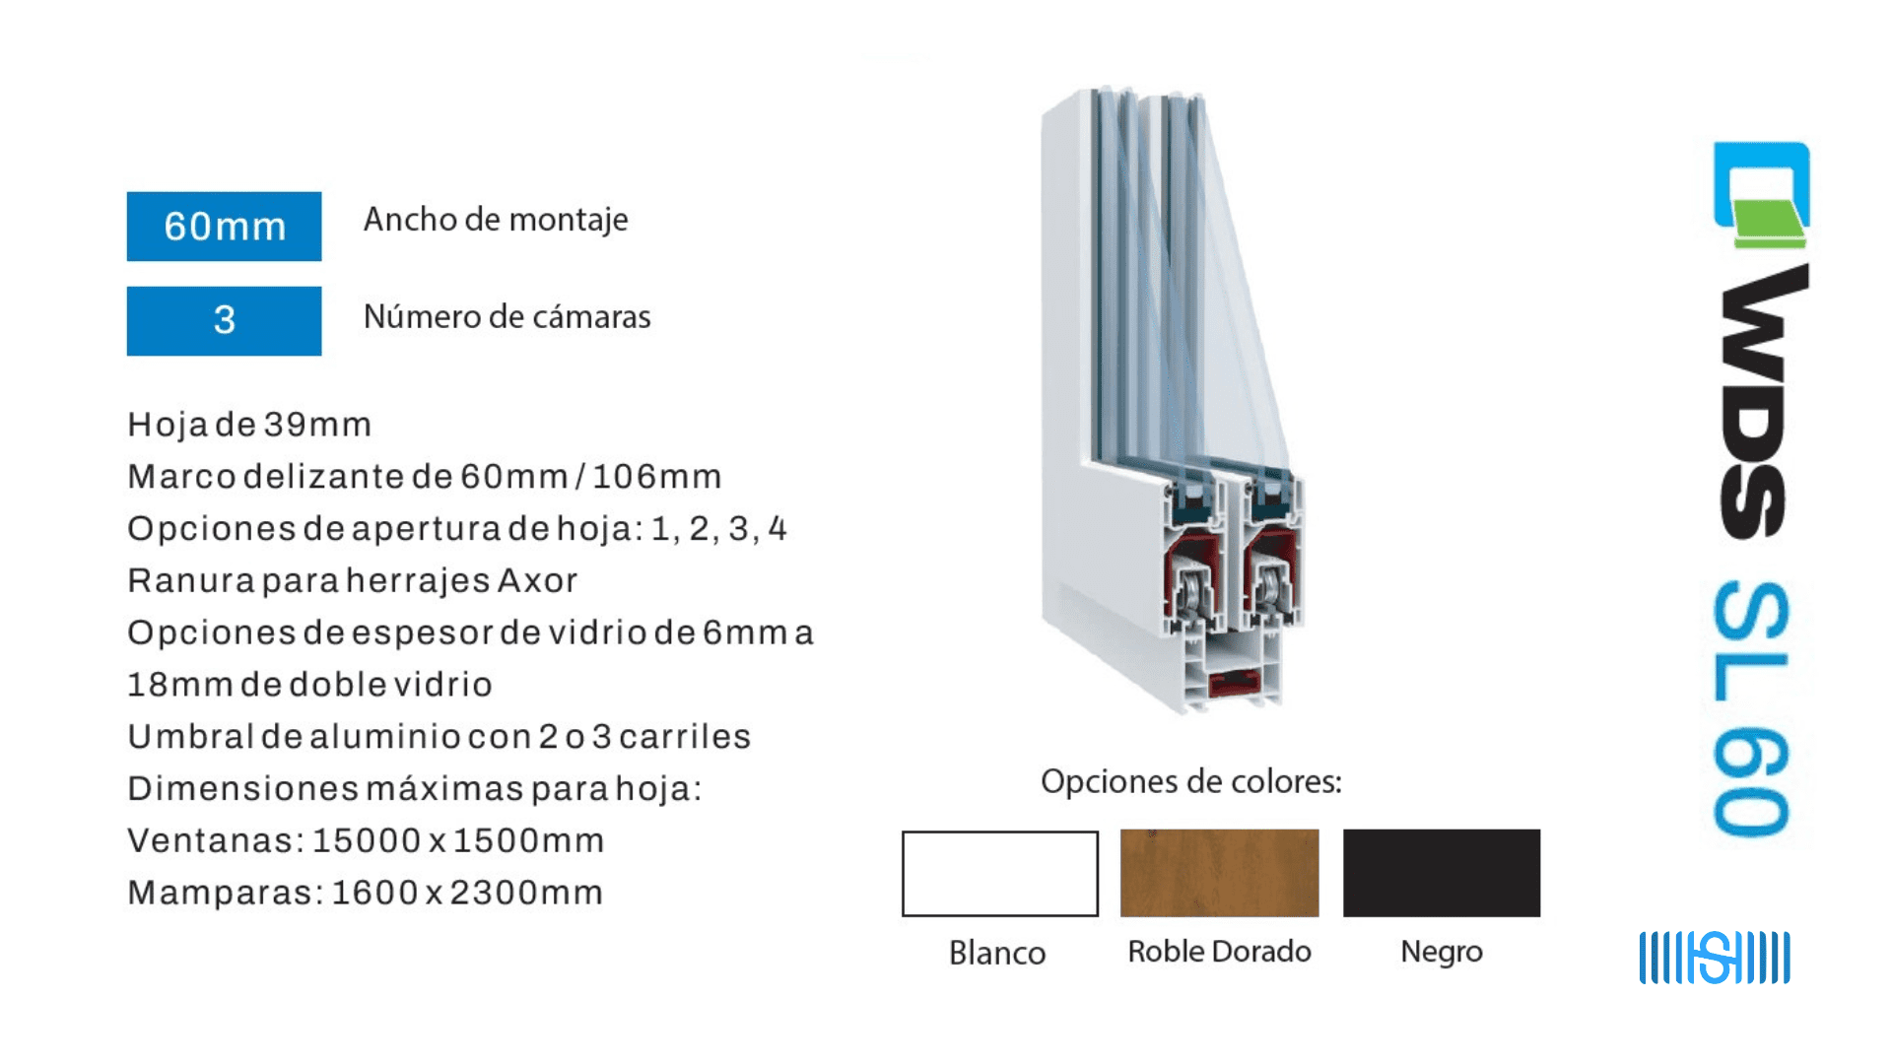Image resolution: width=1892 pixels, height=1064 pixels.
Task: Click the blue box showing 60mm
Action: coord(224,226)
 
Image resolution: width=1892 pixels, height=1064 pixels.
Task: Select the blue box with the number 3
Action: coord(224,320)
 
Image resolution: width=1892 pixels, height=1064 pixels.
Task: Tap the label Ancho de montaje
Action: coord(496,220)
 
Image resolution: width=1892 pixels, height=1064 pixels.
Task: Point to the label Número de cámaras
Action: coord(507,316)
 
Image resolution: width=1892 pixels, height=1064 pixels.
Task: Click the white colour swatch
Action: coord(1000,874)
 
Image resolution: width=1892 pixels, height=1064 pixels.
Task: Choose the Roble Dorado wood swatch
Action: coord(1220,873)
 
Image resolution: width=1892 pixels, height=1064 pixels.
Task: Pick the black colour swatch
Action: coord(1442,873)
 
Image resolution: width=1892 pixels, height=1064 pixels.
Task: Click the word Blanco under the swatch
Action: coord(997,953)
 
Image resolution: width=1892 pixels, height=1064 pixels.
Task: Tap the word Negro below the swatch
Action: coord(1442,952)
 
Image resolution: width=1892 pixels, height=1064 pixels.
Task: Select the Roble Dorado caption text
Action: coord(1220,951)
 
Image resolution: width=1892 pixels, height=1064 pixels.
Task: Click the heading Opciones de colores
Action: coord(1191,781)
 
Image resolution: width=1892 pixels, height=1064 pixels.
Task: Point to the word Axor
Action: coord(538,580)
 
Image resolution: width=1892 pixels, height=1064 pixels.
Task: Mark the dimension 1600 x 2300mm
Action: coord(467,893)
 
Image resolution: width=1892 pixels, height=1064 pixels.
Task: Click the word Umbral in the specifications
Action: coord(191,737)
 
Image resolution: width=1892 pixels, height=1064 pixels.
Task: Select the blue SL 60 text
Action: coord(1751,709)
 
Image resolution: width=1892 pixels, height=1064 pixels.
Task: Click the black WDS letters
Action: coord(1764,401)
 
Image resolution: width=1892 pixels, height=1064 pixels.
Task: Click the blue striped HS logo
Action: coord(1715,958)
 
